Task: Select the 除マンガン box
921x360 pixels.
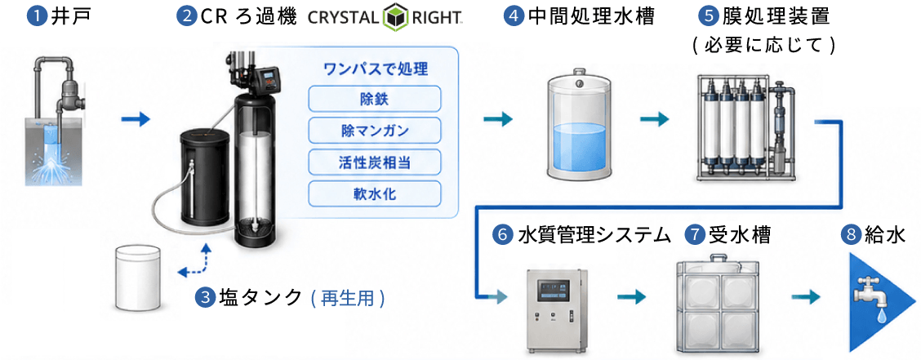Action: [374, 129]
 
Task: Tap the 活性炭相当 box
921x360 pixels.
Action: [374, 161]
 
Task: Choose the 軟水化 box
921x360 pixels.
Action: [374, 193]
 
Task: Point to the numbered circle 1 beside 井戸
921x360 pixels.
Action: [37, 16]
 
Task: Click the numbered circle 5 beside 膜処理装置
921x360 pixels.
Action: [706, 16]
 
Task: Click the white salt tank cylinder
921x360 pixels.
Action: [138, 278]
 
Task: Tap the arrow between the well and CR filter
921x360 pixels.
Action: [136, 120]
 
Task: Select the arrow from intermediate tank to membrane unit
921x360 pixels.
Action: [655, 120]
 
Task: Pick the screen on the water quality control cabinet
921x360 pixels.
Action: [555, 290]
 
